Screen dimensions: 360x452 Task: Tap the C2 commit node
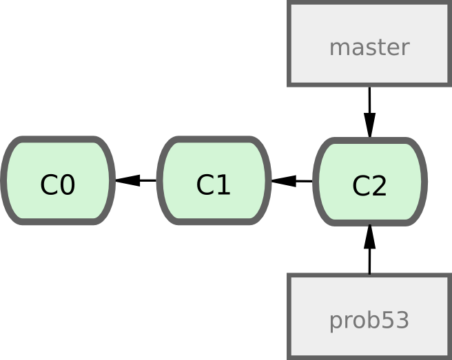370,182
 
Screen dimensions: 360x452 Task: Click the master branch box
369,45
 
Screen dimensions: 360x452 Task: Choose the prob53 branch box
369,317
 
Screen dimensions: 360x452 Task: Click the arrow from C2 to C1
292,181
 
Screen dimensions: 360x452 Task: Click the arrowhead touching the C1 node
283,181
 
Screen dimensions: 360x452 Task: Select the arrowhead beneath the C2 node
370,237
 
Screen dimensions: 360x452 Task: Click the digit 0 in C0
68,185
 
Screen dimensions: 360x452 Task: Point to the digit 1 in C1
223,185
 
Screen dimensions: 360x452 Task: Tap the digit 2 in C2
380,186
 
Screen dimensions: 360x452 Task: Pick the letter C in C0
49,185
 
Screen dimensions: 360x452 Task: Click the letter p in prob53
335,322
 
